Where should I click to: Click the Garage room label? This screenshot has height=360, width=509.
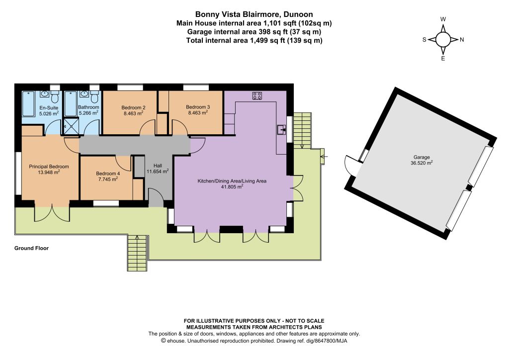422,157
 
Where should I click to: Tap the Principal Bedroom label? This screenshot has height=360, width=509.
49,167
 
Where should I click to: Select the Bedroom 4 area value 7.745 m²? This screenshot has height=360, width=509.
108,179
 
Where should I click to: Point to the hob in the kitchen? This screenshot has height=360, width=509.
257,95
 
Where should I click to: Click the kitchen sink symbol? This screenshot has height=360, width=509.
282,129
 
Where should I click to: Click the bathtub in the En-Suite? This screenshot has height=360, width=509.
28,103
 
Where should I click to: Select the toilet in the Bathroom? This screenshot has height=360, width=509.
94,97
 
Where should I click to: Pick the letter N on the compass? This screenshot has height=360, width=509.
462,40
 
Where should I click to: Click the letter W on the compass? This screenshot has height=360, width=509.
443,19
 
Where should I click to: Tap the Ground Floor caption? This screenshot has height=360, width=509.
31,248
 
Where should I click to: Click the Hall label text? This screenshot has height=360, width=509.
158,166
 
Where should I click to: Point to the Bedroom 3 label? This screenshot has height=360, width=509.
198,107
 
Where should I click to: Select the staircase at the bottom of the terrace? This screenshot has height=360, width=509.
137,253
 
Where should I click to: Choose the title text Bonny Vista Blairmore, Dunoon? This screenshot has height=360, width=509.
254,14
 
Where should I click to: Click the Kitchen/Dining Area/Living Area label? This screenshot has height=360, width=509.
232,181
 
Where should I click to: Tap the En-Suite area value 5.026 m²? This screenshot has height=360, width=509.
49,113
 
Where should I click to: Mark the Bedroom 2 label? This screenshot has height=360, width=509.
133,107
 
